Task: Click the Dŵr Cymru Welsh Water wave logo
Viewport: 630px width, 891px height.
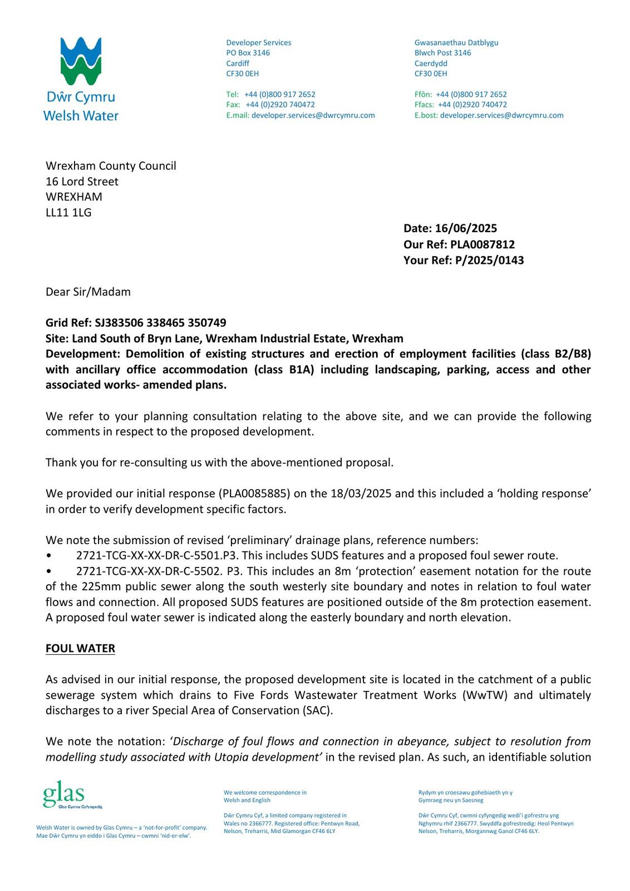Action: tap(81, 61)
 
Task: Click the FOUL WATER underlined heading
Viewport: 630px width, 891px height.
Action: tap(80, 648)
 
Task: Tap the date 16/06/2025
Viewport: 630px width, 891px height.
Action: tap(466, 228)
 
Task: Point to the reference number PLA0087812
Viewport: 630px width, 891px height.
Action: tap(483, 244)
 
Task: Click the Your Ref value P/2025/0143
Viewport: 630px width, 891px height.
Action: tap(489, 260)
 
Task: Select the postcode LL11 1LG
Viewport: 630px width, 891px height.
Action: tap(68, 212)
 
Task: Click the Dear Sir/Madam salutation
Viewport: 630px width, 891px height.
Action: tap(88, 292)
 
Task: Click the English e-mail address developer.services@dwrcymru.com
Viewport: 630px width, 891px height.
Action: tap(313, 115)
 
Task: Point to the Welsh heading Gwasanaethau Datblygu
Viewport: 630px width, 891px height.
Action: tap(456, 42)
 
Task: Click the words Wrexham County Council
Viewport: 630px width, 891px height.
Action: tap(111, 166)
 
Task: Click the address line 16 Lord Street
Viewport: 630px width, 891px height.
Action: tap(82, 182)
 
